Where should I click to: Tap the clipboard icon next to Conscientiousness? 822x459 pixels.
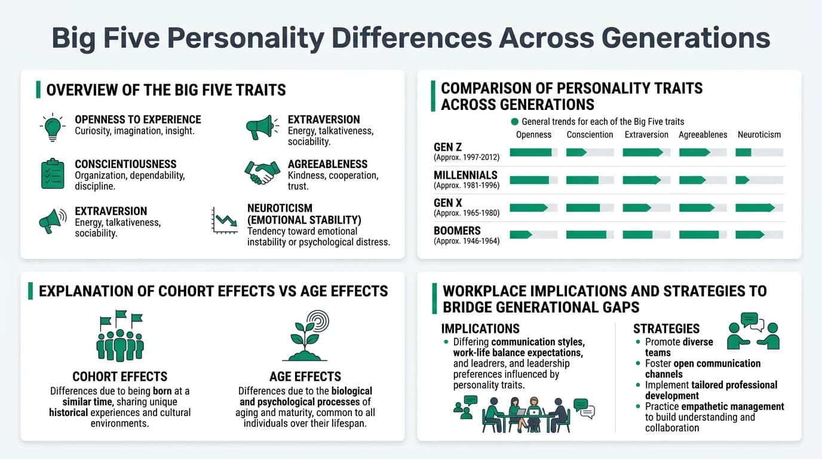(x=53, y=174)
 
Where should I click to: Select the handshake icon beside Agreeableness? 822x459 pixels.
(x=262, y=173)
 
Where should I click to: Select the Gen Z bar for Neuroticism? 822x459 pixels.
(x=759, y=152)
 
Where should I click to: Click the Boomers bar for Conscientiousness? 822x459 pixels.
(x=590, y=235)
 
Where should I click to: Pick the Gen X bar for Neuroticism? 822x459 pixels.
(x=759, y=208)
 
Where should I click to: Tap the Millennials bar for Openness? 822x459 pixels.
(x=533, y=180)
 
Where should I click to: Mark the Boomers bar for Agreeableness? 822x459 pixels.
(x=703, y=235)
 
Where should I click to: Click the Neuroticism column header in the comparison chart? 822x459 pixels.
(x=759, y=134)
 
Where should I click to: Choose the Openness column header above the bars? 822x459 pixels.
(x=533, y=134)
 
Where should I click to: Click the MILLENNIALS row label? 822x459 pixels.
(x=465, y=175)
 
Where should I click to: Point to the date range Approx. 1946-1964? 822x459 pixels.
(x=467, y=241)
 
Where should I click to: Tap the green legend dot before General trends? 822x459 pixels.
(x=515, y=121)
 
